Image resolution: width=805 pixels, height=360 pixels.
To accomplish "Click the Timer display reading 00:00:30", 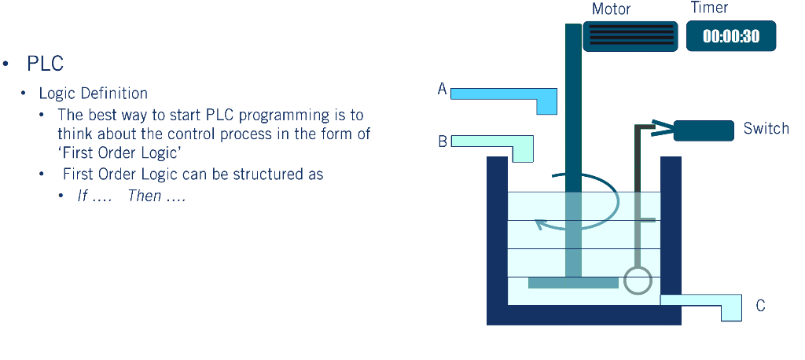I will click(x=731, y=36).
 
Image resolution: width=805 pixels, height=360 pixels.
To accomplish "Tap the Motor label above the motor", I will click(x=612, y=9).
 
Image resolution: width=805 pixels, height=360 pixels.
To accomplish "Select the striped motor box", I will click(x=630, y=36).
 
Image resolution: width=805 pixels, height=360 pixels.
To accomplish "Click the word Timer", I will click(x=709, y=8).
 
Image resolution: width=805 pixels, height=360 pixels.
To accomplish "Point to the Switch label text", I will click(x=766, y=128).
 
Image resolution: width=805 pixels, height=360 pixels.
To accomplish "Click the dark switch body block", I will click(x=704, y=130).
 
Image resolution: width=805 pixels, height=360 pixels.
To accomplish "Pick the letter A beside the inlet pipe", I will click(x=443, y=90).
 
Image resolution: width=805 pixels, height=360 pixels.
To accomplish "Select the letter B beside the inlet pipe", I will click(x=443, y=142).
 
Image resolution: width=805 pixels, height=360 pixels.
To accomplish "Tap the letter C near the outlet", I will click(x=760, y=306).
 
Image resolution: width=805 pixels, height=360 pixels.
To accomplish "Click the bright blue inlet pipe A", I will click(x=503, y=95).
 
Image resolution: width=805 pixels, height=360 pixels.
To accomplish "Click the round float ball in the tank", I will click(x=638, y=280).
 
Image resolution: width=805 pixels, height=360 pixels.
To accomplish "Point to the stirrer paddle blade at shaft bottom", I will click(x=573, y=282).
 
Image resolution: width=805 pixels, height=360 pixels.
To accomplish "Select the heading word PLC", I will click(x=45, y=64).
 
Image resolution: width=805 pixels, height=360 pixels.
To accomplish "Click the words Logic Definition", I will click(x=93, y=94).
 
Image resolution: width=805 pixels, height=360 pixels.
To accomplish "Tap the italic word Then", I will click(x=144, y=196).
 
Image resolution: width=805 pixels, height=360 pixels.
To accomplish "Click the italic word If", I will click(x=82, y=196).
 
